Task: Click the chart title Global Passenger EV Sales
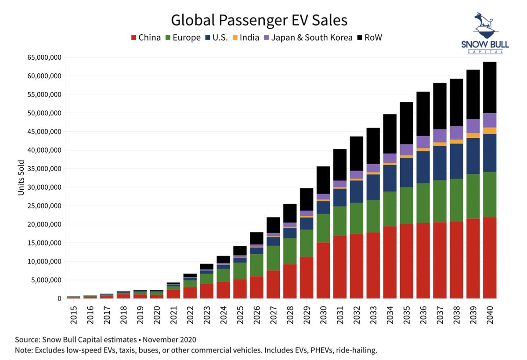click(x=259, y=20)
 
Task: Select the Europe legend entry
click(x=183, y=38)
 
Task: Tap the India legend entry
click(x=246, y=38)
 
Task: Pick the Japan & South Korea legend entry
click(x=308, y=38)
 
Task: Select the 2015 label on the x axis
click(x=73, y=314)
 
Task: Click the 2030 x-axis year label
click(x=323, y=314)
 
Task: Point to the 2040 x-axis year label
click(x=490, y=314)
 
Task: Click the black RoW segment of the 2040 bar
click(x=490, y=87)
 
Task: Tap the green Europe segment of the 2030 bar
click(x=323, y=228)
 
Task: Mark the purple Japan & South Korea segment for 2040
click(x=490, y=120)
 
